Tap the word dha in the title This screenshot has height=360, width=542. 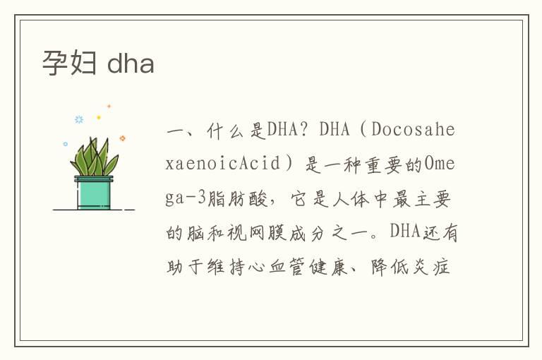point(131,64)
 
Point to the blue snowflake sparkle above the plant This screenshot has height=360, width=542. point(79,119)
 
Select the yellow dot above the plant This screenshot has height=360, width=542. point(99,117)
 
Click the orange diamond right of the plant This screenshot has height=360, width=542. point(122,138)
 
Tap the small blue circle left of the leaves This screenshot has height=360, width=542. point(66,144)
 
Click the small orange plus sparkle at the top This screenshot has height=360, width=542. point(109,107)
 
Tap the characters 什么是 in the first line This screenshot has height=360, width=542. point(234,131)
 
